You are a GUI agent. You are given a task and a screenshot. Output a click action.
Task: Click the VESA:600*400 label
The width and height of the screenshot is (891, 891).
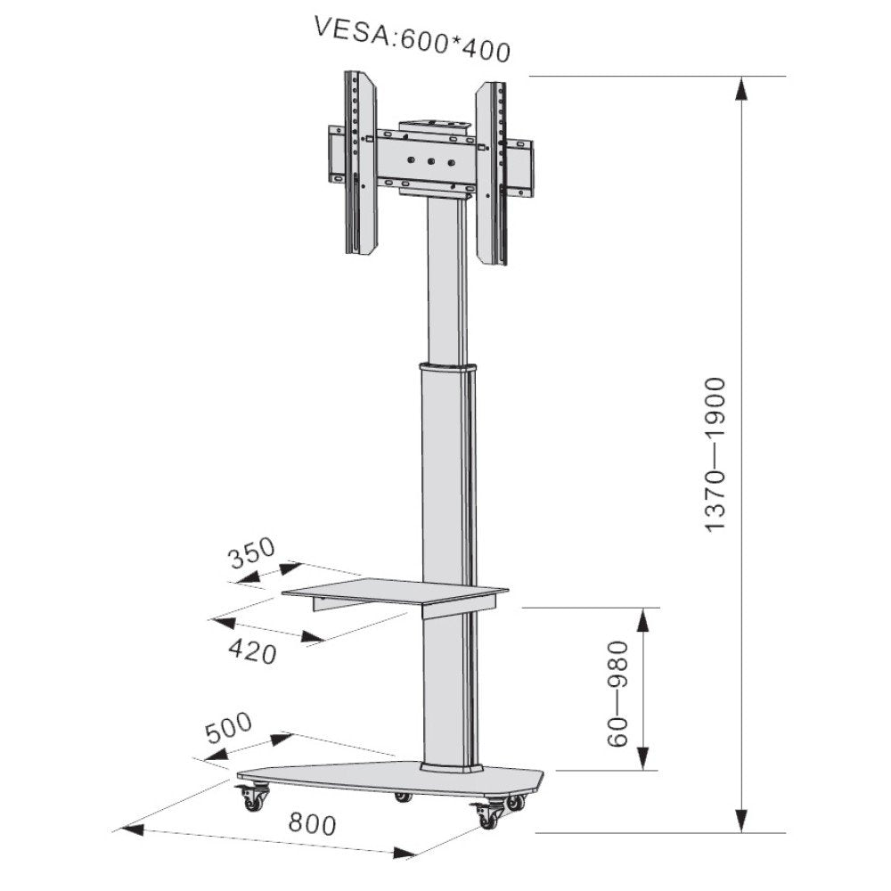412,38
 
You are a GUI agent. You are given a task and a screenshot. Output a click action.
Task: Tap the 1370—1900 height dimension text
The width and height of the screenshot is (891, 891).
716,454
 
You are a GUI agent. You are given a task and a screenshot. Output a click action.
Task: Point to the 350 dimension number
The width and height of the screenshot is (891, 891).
251,555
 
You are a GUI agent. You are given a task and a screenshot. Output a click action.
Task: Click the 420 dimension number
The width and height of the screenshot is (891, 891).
252,651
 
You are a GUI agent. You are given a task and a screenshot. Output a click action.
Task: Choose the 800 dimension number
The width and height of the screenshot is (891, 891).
312,824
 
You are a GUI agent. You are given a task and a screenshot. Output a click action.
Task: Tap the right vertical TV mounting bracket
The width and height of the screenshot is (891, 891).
491,173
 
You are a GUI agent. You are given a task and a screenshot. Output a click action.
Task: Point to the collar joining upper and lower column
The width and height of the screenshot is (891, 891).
445,367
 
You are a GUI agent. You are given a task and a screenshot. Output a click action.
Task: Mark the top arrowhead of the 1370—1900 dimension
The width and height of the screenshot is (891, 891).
741,89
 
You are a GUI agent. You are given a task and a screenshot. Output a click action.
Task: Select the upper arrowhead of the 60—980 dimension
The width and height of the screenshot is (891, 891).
644,620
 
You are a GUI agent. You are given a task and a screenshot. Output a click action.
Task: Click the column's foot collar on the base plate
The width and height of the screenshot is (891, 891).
451,766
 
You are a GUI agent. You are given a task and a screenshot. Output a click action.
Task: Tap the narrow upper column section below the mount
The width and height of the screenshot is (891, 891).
445,276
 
